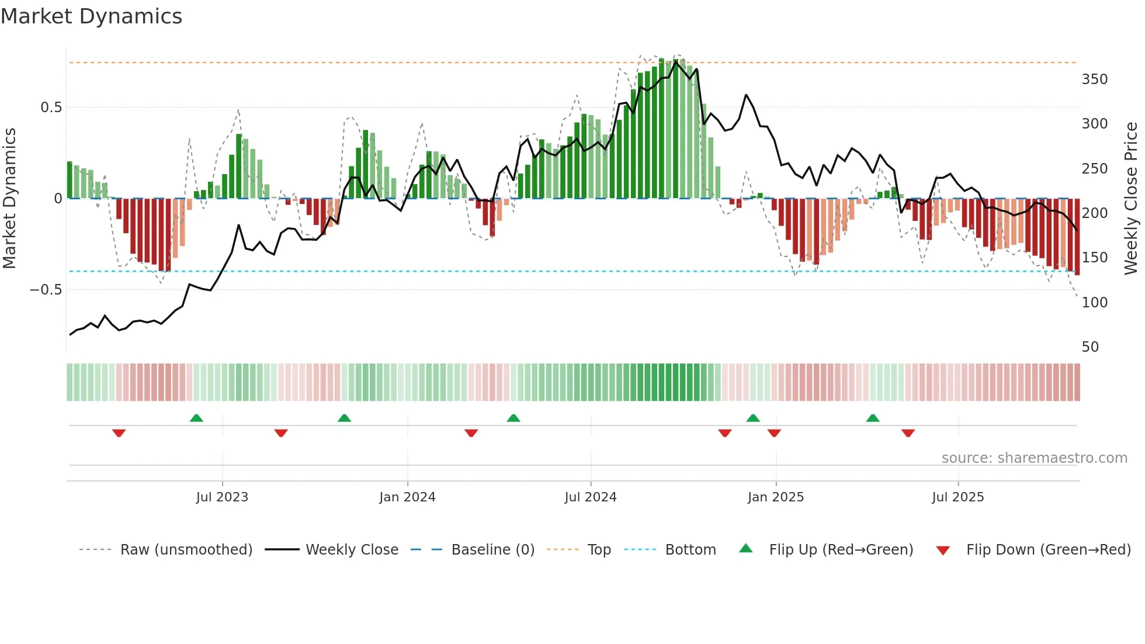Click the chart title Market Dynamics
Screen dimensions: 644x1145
[x=91, y=16]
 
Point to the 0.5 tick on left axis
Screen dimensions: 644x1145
[x=51, y=108]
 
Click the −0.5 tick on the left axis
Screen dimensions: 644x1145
[x=46, y=290]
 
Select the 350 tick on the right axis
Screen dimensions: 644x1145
[x=1094, y=79]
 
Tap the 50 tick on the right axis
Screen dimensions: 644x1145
[x=1090, y=347]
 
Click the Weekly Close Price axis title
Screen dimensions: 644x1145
[x=1131, y=199]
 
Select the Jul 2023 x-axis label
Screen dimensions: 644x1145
[x=222, y=497]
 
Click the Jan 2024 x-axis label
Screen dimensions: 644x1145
[x=407, y=497]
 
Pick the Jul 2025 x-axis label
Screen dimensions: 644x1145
[x=957, y=497]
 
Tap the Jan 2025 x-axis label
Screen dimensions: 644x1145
[x=775, y=497]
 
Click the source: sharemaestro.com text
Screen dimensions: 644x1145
[x=1034, y=458]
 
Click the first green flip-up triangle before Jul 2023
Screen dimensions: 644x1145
[x=196, y=418]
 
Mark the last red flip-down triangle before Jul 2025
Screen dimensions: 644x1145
[x=908, y=433]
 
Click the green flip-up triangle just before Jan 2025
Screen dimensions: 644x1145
[x=753, y=418]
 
